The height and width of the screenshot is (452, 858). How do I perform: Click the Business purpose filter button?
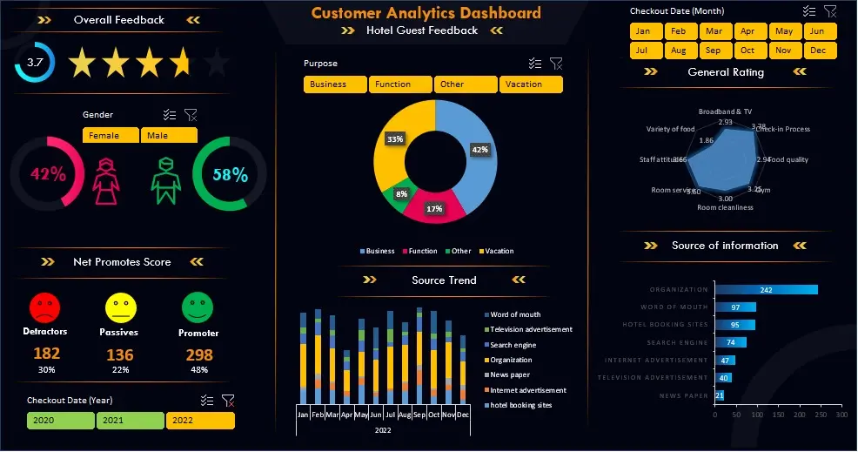[335, 84]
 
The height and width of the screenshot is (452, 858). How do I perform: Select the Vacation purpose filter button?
[531, 84]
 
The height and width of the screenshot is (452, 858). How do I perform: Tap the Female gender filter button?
[111, 135]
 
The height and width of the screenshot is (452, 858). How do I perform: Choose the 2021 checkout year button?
[130, 421]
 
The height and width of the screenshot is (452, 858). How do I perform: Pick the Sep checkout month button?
[714, 51]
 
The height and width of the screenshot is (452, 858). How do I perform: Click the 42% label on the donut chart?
[479, 150]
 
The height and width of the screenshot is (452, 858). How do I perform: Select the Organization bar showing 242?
[766, 290]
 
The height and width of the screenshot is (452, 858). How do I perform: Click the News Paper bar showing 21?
[719, 395]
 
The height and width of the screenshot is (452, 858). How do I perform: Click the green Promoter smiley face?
[198, 307]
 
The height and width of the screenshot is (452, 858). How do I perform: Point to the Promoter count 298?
[199, 354]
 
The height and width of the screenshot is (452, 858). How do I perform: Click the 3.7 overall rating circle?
[35, 63]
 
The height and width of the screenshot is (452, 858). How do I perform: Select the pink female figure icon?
[106, 181]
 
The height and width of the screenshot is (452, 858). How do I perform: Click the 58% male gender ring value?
[230, 174]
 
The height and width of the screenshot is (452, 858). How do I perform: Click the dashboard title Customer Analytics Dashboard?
[426, 12]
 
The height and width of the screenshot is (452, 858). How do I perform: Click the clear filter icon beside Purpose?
[557, 64]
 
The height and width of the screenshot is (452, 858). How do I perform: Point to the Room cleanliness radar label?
[725, 207]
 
